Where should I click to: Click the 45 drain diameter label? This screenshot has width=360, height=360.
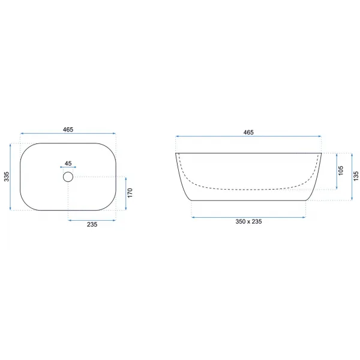tap(68, 163)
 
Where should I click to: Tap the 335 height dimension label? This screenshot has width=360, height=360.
tap(7, 176)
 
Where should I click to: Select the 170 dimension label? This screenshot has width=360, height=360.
tap(130, 193)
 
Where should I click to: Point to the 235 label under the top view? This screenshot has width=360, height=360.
tap(92, 224)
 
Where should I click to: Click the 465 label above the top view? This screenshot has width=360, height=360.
tap(68, 130)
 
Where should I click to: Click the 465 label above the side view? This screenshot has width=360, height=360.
tap(248, 133)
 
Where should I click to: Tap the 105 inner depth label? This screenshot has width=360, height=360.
tap(341, 170)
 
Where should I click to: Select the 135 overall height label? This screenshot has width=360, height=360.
tap(356, 176)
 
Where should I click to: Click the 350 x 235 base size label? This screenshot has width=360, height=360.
tap(248, 221)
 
